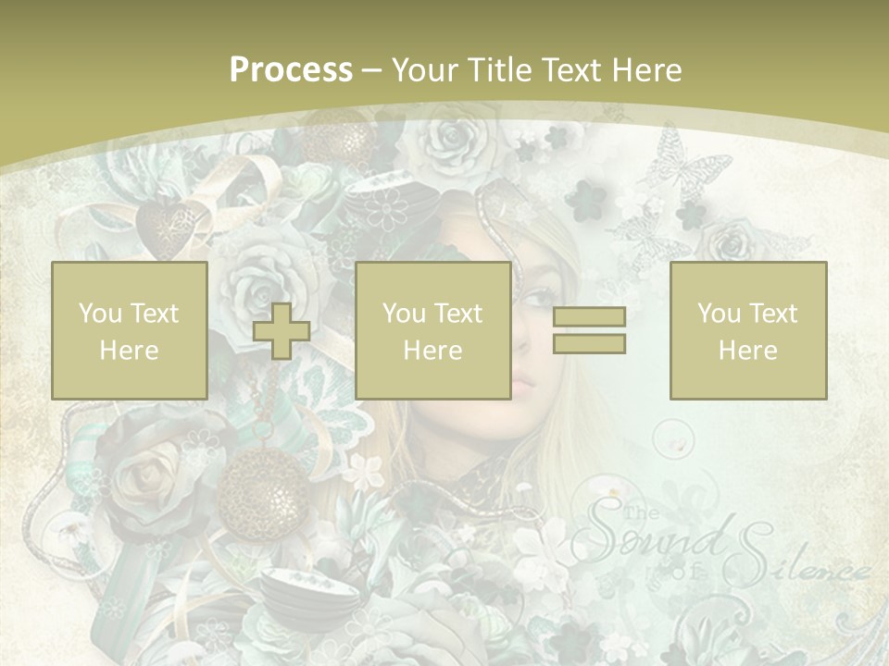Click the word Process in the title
pyautogui.click(x=291, y=70)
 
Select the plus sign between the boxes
pyautogui.click(x=282, y=331)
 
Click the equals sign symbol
pyautogui.click(x=589, y=330)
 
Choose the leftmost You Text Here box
pyautogui.click(x=129, y=330)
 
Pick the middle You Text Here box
pyautogui.click(x=432, y=330)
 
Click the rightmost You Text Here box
pyautogui.click(x=747, y=330)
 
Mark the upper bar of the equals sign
pyautogui.click(x=589, y=317)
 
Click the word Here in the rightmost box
pyautogui.click(x=747, y=350)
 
